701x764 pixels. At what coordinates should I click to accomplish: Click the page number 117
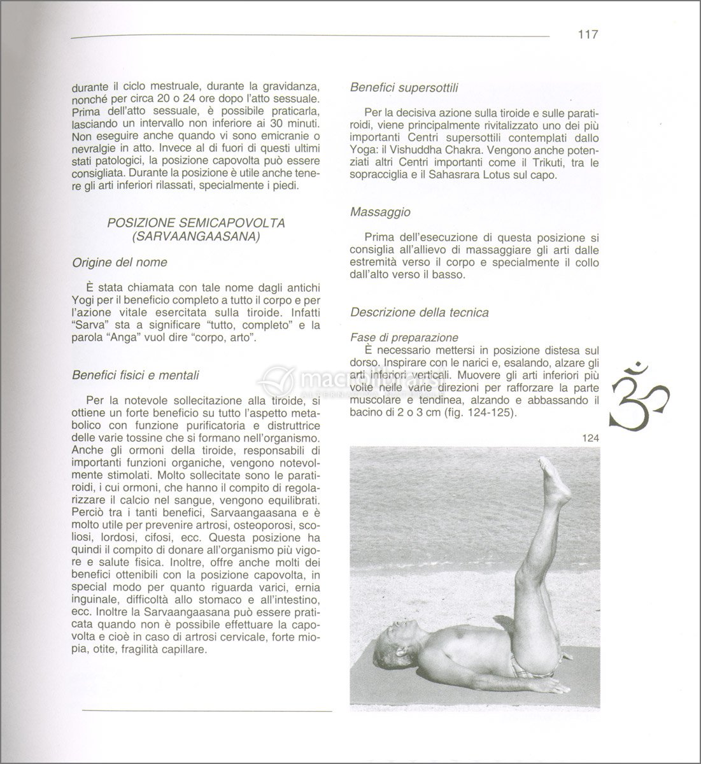point(587,34)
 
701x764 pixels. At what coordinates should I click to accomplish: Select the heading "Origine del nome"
point(120,262)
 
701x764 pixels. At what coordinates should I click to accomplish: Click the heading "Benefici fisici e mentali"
point(136,376)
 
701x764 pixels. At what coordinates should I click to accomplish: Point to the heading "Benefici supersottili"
point(404,88)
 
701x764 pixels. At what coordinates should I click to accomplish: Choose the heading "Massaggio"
point(380,212)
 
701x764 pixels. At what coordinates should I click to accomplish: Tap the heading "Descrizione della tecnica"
point(419,313)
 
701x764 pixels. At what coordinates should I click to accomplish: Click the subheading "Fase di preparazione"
point(404,337)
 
